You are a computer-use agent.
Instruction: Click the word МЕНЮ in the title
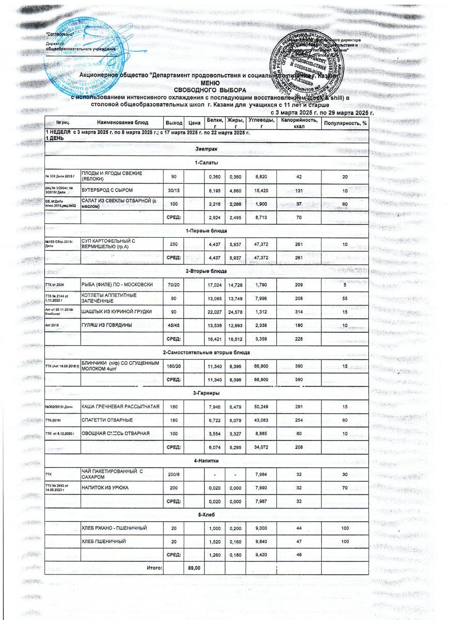point(210,83)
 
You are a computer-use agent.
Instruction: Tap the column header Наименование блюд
point(122,122)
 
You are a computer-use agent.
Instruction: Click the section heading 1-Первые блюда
point(206,230)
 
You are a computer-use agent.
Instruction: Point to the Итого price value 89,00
point(194,568)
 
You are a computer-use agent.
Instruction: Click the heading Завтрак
point(207,149)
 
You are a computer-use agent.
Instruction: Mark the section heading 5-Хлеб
point(207,514)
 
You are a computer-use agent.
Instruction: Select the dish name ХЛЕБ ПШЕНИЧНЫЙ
point(104,541)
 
